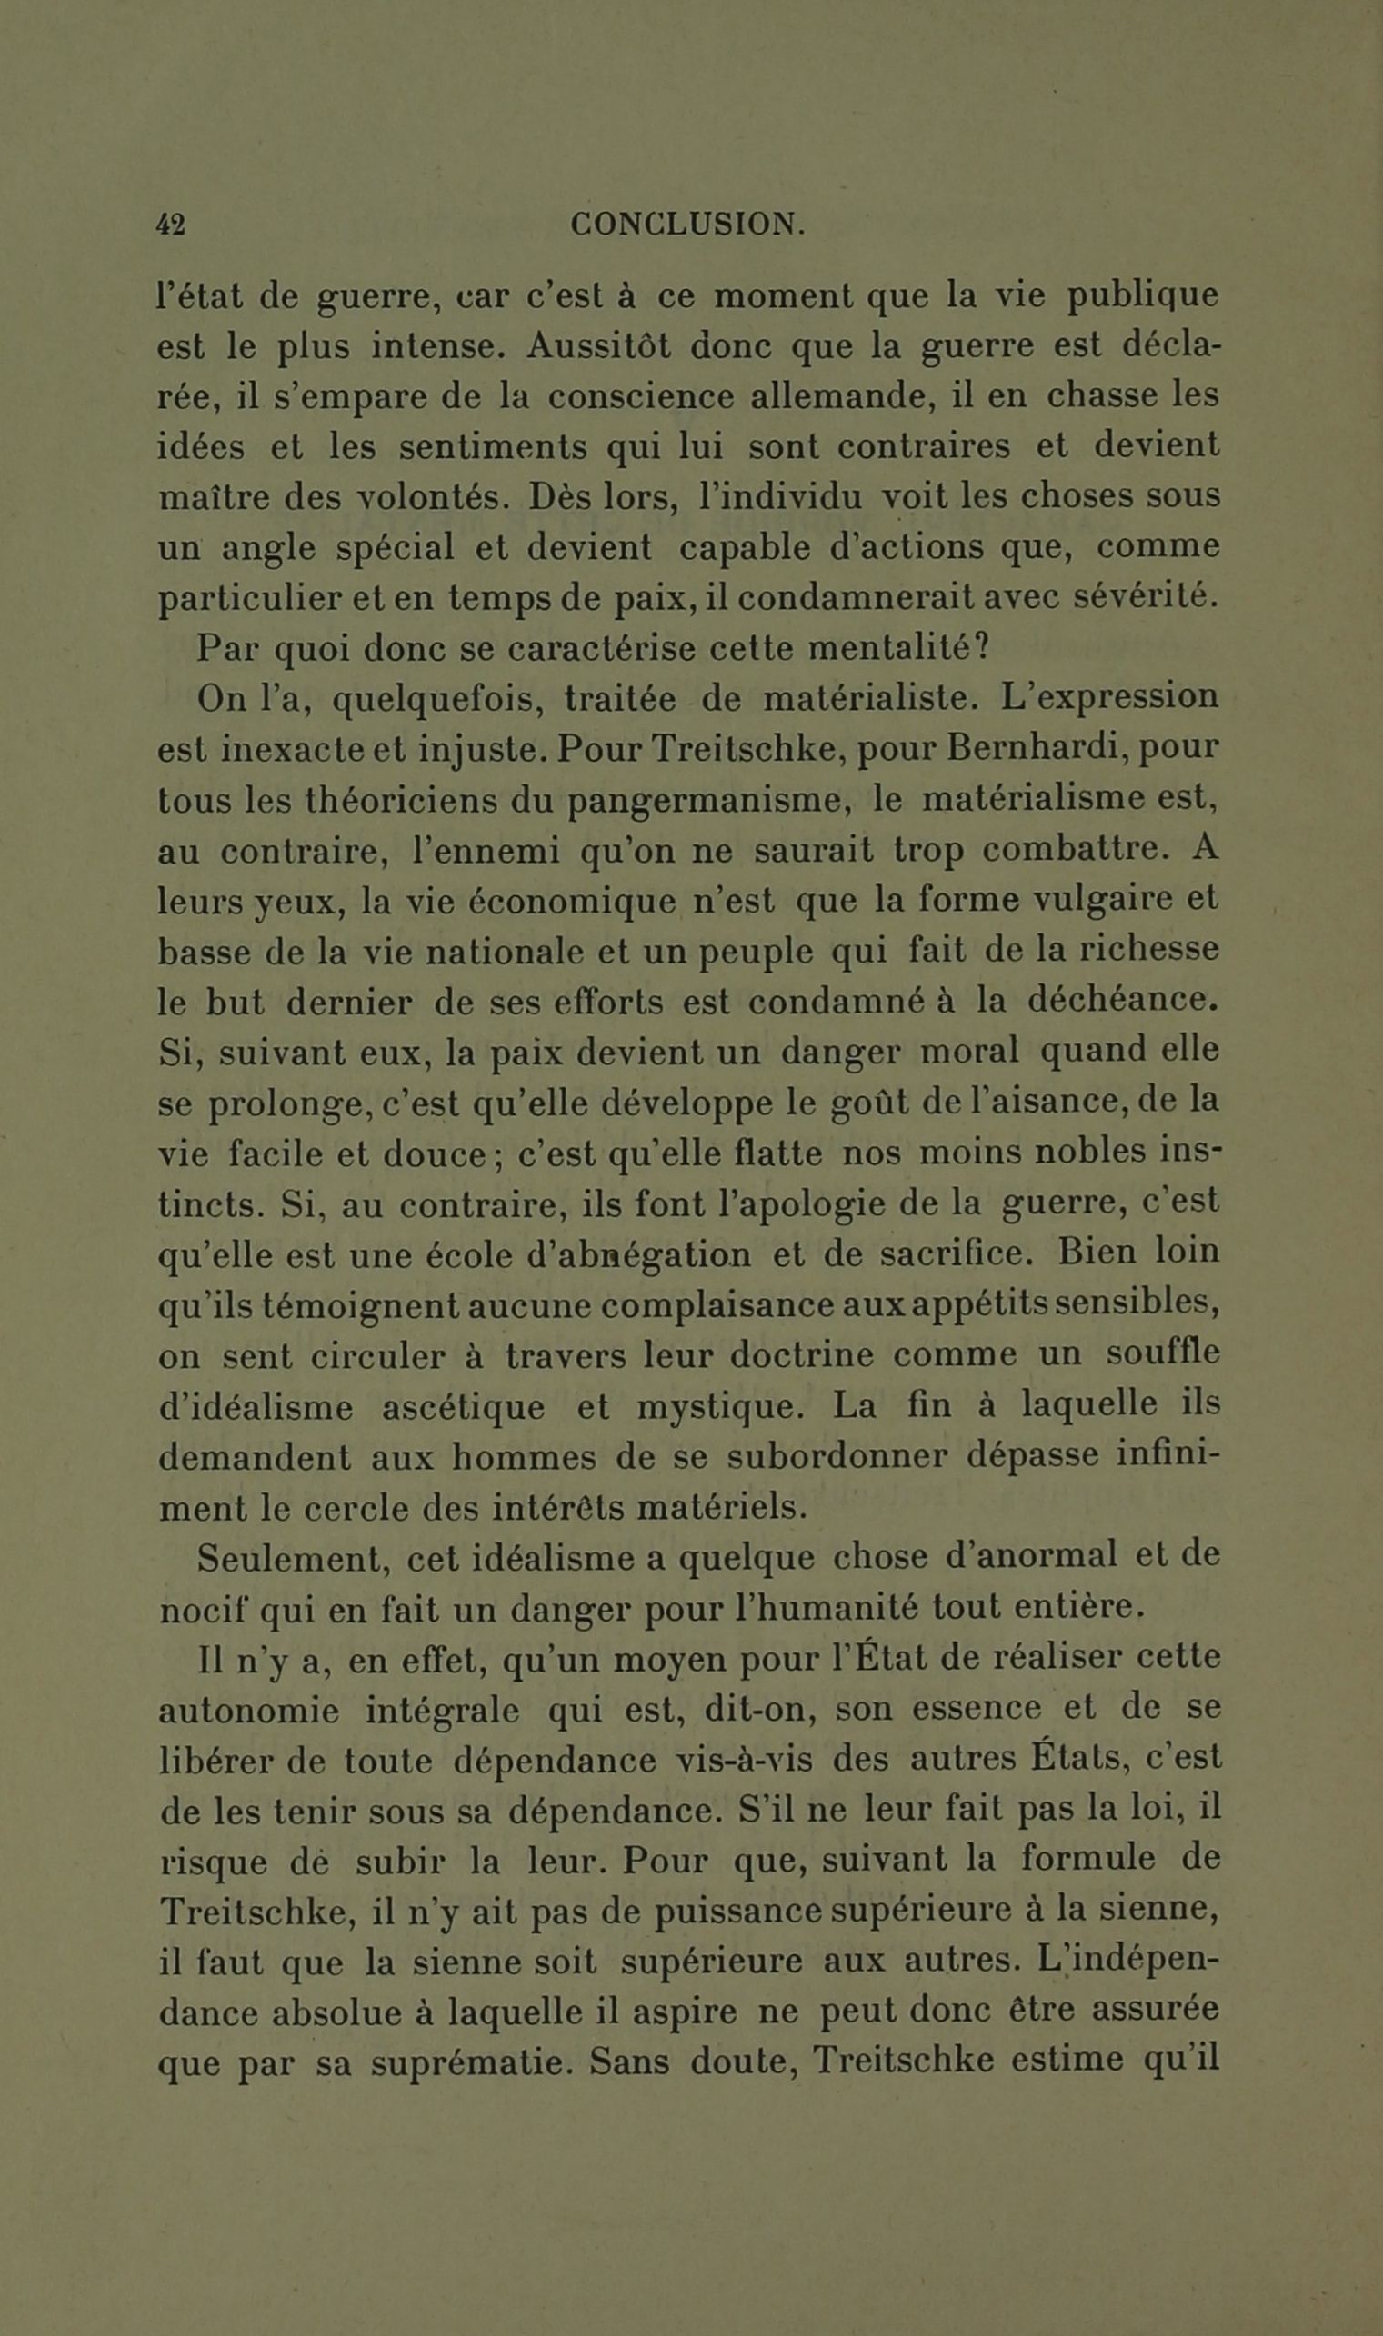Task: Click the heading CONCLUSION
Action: coord(687,225)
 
